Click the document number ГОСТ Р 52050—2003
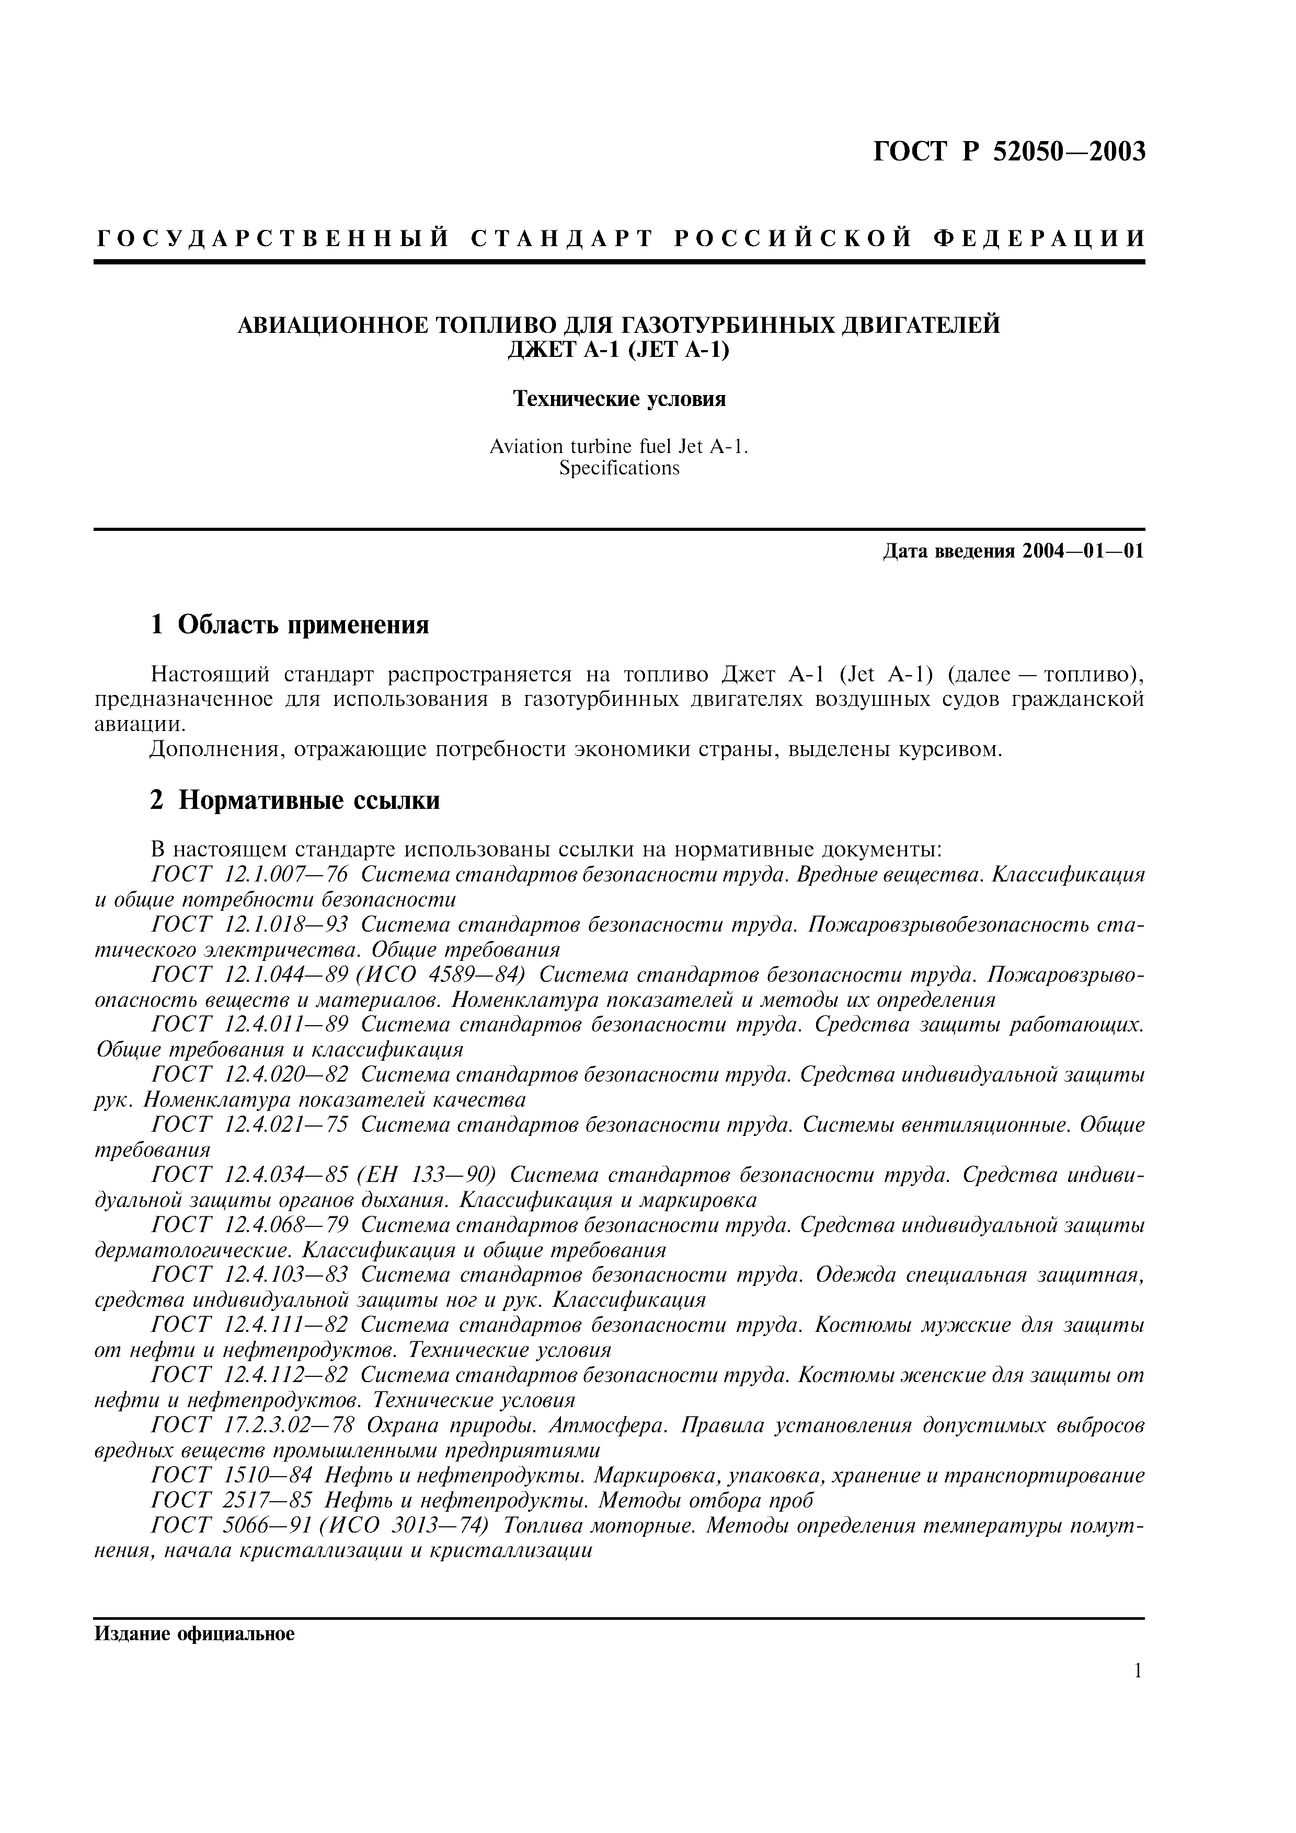click(x=1008, y=151)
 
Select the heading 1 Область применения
click(x=290, y=625)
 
